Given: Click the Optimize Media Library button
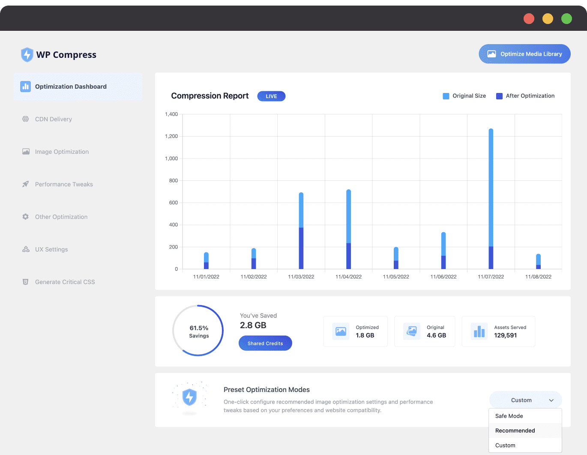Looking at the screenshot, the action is coord(524,54).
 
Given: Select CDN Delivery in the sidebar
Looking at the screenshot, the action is coord(53,119).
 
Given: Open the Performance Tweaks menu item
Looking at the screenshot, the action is coord(64,184).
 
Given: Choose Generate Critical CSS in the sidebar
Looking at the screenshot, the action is coord(65,282).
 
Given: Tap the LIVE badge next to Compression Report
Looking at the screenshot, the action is coord(271,96).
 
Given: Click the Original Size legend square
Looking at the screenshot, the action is coord(446,96).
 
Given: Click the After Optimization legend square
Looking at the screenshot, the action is coord(499,96).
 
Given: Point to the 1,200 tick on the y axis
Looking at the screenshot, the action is coord(171,136).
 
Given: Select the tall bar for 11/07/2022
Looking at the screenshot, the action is coord(491,199).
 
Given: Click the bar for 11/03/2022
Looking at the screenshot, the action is coord(301,230).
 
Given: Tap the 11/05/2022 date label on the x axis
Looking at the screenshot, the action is coord(396,277).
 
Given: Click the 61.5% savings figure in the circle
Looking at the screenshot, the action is coord(199,328).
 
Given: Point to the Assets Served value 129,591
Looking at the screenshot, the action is coord(505,335).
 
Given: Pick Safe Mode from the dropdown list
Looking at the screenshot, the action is coord(509,416).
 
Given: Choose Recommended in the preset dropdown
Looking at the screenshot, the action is coord(515,431).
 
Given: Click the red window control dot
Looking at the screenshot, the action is coord(529,18).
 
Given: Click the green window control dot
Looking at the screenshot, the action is coord(566,18).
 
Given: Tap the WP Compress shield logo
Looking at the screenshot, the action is coord(27,54).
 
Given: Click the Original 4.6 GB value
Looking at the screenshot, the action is coord(436,335).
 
